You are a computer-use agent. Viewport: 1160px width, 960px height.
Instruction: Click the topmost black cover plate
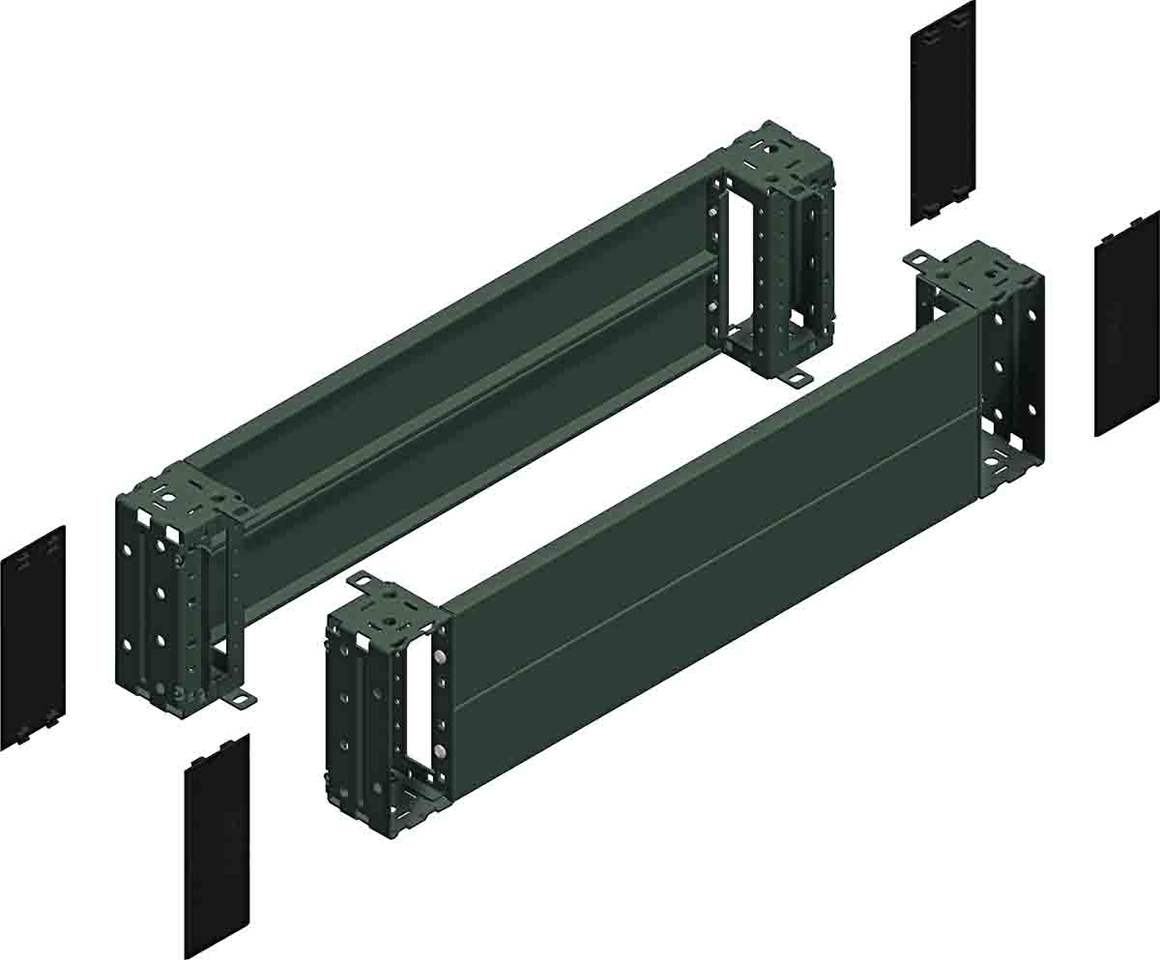[942, 114]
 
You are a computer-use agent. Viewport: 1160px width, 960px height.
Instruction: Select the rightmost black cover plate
[1126, 324]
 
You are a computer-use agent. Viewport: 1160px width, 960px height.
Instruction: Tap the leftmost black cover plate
[32, 638]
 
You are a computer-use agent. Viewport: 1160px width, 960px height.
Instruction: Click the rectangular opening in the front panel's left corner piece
[419, 706]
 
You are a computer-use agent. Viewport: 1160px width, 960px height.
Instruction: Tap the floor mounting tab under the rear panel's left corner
[239, 698]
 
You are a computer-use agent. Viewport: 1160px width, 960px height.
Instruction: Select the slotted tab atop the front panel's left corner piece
[361, 581]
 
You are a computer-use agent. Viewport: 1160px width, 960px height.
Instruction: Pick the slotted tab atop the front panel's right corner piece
[917, 258]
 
